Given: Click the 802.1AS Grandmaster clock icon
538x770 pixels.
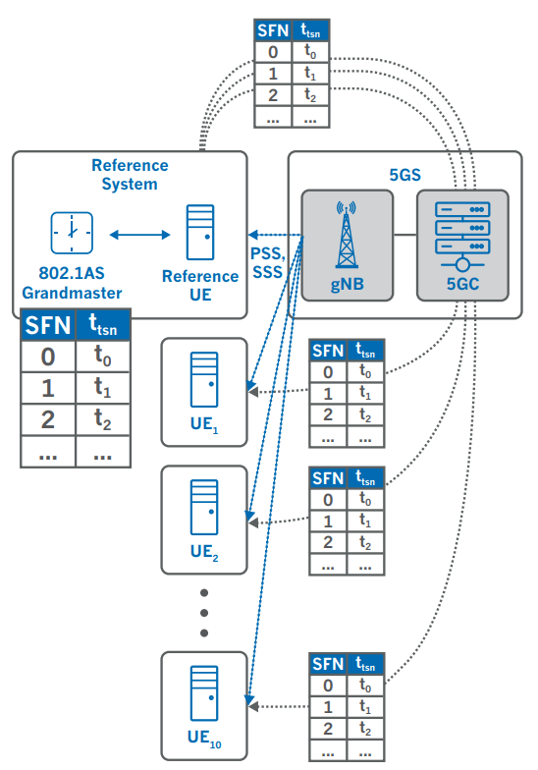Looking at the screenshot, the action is [x=72, y=233].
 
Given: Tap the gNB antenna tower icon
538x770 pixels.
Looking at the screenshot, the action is [x=347, y=235].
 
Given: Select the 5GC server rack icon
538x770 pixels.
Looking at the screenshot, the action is [x=462, y=236].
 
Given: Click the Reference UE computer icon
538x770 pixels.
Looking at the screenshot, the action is [x=200, y=232].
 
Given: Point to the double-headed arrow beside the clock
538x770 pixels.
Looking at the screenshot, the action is [x=139, y=235].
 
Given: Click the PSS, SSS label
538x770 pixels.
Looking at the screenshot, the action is [x=267, y=263].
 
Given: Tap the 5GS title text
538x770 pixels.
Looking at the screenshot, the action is [x=404, y=175].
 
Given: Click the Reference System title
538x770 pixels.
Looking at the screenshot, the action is [x=130, y=175].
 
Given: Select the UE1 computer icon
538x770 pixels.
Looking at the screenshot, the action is [x=204, y=379].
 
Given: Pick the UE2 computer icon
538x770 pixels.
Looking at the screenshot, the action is [x=204, y=507].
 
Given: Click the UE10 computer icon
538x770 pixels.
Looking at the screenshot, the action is [x=204, y=693].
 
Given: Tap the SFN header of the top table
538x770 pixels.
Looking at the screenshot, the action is [x=273, y=30].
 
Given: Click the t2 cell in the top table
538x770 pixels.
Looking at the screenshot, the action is [x=310, y=94].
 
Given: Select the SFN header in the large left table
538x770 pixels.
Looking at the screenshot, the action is [x=48, y=325].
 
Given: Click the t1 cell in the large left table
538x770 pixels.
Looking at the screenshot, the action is [x=102, y=388].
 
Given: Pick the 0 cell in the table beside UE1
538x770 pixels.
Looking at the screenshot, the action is [x=328, y=372].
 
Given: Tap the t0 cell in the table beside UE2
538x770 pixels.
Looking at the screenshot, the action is [x=365, y=499].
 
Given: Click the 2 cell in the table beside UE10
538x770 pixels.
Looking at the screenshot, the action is [x=328, y=729].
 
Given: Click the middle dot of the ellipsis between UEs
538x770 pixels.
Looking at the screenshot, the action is [x=204, y=613].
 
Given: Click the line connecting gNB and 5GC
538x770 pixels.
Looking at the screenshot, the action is [x=404, y=235].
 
